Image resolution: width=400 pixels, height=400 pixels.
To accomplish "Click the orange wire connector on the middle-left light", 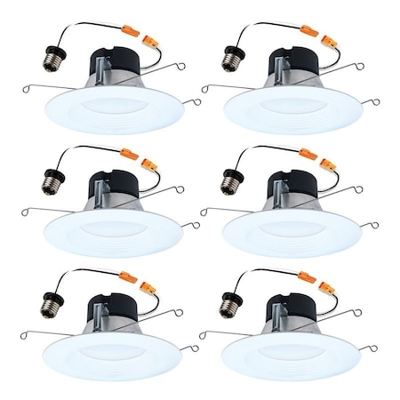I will pyautogui.click(x=132, y=155).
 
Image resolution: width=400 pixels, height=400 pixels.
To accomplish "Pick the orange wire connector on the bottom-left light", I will pyautogui.click(x=132, y=278).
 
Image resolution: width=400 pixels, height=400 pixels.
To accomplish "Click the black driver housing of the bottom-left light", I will pyautogui.click(x=119, y=308).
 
